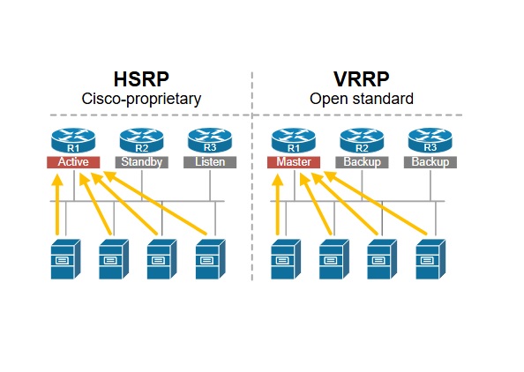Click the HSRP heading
[141, 79]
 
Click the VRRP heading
[362, 79]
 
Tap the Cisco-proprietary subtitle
[141, 100]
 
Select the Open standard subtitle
[362, 99]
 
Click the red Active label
[73, 162]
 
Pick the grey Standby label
[142, 162]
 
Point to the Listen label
[210, 162]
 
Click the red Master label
[294, 162]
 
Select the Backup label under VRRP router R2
[362, 162]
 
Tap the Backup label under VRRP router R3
[430, 162]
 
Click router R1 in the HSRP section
[73, 140]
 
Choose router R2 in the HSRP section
[142, 140]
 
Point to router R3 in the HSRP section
[210, 140]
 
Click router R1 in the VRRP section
[294, 140]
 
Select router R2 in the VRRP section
[362, 140]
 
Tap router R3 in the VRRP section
[430, 140]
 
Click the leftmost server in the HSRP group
[65, 259]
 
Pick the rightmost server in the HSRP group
[211, 259]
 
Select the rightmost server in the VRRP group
[430, 259]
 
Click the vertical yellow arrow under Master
[277, 205]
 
